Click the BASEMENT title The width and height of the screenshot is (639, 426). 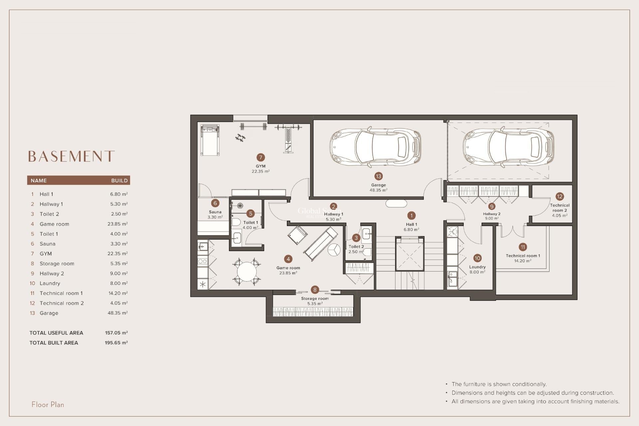pos(71,156)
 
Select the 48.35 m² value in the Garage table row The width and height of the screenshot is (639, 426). pos(117,313)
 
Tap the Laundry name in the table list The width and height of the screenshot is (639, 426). pos(50,283)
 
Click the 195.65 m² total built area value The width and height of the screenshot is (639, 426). pos(116,342)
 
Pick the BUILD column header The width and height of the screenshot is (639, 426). pos(119,180)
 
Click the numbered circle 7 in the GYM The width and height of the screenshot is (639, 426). pos(261,157)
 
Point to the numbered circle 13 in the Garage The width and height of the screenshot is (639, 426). pos(378,176)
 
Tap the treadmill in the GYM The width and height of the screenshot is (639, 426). pos(210,140)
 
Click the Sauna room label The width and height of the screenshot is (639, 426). pos(215,212)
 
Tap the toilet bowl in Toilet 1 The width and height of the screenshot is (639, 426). pos(236,222)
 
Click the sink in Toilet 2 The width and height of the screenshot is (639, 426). pos(366,234)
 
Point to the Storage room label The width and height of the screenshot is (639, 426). pos(315,299)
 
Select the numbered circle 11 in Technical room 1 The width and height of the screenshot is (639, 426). pos(523,247)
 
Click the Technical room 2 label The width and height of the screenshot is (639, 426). pos(559,208)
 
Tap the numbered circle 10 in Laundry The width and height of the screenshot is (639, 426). pos(477,258)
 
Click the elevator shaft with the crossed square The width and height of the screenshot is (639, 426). pos(410,255)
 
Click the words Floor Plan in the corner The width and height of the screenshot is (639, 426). pos(48,404)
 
